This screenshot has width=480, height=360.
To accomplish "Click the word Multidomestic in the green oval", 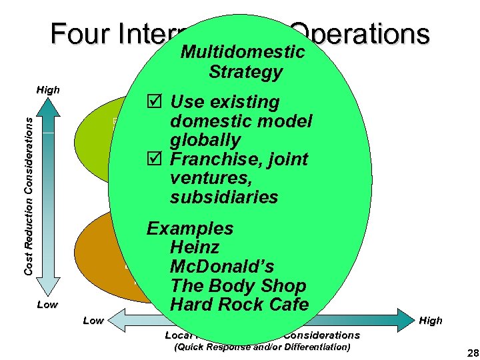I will [x=243, y=52].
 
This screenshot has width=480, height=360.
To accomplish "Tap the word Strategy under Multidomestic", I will [x=245, y=72].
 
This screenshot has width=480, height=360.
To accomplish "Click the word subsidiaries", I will [x=224, y=197].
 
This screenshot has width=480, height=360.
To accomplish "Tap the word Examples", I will [x=190, y=229].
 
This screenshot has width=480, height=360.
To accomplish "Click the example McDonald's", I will [x=222, y=267].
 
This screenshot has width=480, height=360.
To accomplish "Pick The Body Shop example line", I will [x=238, y=286].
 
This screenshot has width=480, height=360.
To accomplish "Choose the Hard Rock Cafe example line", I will [x=239, y=305].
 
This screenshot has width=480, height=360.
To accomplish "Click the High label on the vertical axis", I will [x=48, y=90].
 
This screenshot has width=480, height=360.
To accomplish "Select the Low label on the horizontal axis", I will [x=93, y=321].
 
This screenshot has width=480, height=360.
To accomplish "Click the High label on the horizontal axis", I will [x=431, y=321].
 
